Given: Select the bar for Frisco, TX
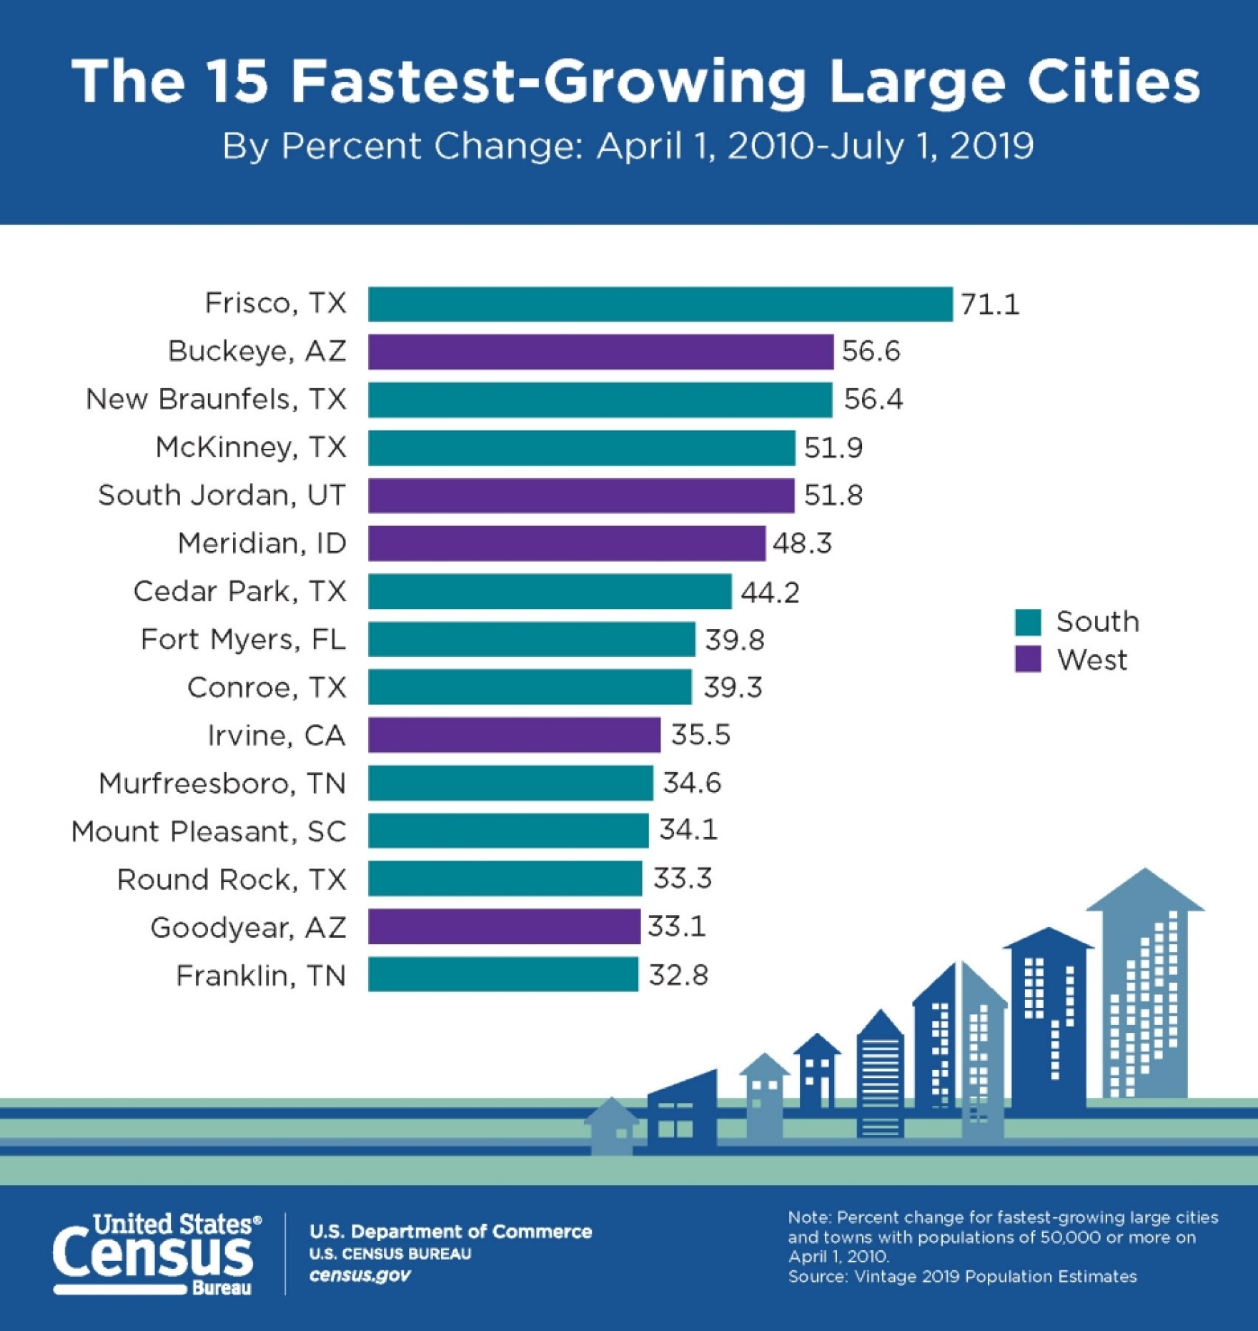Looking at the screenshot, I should [x=660, y=305].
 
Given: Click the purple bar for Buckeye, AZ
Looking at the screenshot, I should [x=600, y=352].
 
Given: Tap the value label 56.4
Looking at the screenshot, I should [x=873, y=399].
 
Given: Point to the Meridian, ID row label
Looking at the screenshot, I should [x=262, y=543].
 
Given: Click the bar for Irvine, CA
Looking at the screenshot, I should [x=514, y=735].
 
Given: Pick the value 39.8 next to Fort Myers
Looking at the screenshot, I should [x=734, y=640].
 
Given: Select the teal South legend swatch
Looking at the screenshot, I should [x=1028, y=622].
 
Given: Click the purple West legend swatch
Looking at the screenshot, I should [x=1028, y=659].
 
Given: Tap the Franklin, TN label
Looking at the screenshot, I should [x=261, y=976].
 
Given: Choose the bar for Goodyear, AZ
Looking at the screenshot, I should [x=504, y=926].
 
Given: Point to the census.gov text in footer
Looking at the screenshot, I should [x=360, y=1275].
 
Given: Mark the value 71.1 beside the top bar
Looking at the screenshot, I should [x=990, y=305].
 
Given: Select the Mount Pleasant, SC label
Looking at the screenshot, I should [x=209, y=831].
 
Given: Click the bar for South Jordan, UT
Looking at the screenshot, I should [x=581, y=495].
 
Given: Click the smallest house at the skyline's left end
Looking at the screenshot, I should [x=612, y=1127].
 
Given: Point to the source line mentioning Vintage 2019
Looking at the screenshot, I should [x=962, y=1276].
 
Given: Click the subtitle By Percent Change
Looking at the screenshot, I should [x=627, y=146].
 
